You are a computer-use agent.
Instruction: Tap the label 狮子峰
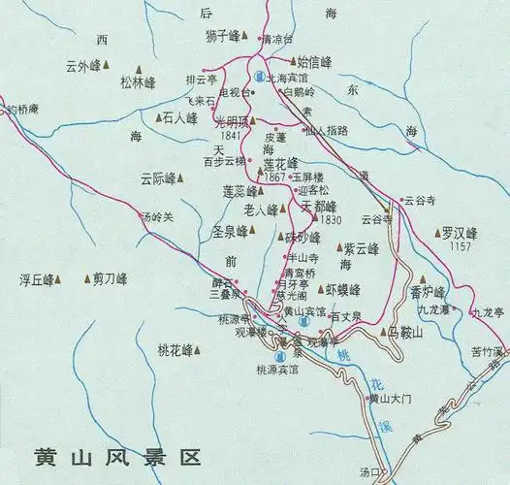(x=221, y=37)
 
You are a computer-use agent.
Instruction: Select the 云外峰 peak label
(x=82, y=66)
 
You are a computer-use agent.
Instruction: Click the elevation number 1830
(x=332, y=220)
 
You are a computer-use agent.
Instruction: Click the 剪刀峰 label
(x=110, y=279)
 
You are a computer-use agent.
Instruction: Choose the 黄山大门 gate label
(x=391, y=399)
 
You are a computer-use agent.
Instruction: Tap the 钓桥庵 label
(x=21, y=110)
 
